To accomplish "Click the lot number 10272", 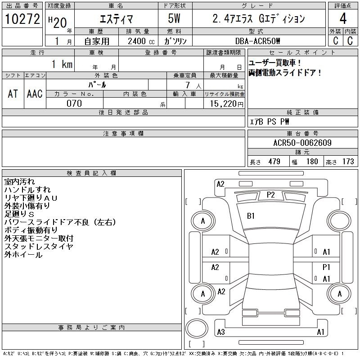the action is [x=22, y=19].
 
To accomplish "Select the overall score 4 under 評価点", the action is [x=343, y=18].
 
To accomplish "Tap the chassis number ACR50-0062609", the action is [x=302, y=143].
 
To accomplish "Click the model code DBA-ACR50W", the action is [x=257, y=41].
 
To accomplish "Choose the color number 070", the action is [x=74, y=103].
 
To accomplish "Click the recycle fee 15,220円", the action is [x=226, y=104].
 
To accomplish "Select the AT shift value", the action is [x=13, y=94].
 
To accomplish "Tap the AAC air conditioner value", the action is [x=35, y=94].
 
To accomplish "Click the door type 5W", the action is [x=174, y=18].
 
